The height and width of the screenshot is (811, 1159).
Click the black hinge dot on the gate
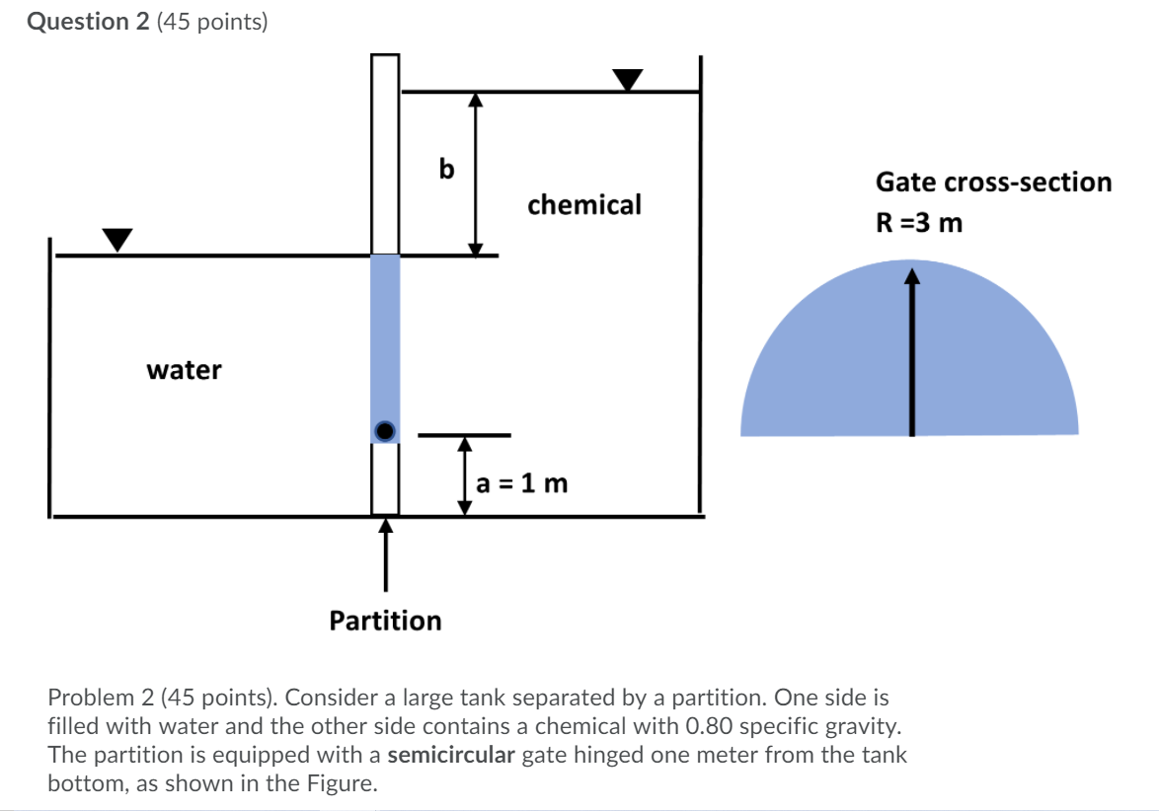385,430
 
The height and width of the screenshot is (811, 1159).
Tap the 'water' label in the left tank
185,370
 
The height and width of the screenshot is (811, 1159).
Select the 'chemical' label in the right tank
584,204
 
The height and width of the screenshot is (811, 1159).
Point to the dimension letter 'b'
446,171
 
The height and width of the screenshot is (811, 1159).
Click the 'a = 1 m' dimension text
521,483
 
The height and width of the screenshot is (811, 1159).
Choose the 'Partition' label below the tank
385,621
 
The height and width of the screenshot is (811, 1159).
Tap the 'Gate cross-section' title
993,183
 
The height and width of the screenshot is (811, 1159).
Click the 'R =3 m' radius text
919,223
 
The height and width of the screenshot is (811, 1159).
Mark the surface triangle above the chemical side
627,79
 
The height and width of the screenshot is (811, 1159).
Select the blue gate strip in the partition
385,335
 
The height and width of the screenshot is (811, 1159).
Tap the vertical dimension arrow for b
476,174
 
